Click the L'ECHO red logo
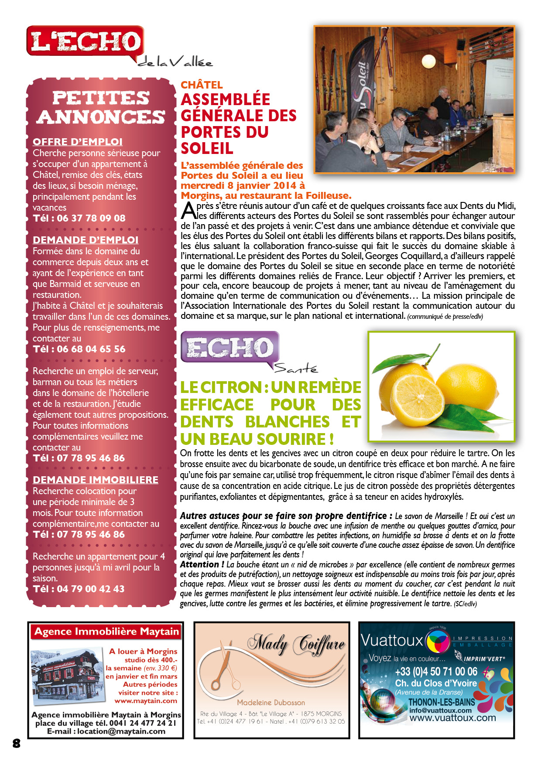85,41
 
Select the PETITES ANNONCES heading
101,107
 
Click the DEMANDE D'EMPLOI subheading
86,240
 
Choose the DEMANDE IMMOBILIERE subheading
96,480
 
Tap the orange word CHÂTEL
202,85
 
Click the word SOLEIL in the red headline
207,149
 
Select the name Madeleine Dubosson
271,702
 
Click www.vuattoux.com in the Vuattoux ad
452,717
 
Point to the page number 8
17,744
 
